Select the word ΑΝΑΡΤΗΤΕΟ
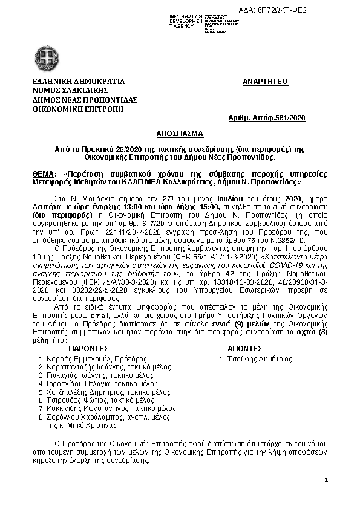click(x=265, y=81)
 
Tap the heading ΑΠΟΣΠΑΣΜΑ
click(x=180, y=132)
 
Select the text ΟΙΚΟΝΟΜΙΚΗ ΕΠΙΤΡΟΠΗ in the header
click(x=77, y=109)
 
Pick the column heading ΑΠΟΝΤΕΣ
click(x=244, y=349)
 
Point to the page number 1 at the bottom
click(x=326, y=481)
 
